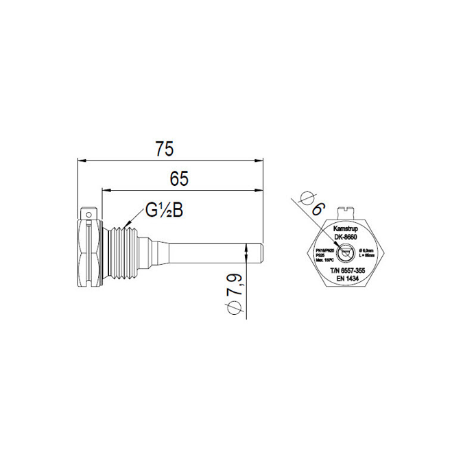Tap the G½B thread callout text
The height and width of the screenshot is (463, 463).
(163, 211)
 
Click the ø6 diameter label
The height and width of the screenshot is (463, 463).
(312, 207)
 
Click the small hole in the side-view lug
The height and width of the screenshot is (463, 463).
(88, 214)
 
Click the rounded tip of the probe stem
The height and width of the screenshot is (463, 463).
(261, 252)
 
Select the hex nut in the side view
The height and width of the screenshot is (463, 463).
(91, 252)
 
